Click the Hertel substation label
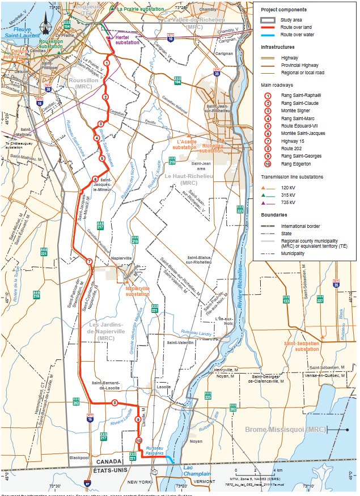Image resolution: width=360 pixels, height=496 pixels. click(x=126, y=40)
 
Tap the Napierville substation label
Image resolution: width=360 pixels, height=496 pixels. click(x=138, y=291)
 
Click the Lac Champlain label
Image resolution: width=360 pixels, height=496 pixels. click(x=196, y=470)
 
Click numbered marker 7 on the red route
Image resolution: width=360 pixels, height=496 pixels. click(x=89, y=261)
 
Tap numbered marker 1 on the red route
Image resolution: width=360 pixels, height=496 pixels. click(x=107, y=63)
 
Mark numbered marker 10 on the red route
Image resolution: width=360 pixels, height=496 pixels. click(x=139, y=440)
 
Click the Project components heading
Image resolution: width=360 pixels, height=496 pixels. click(x=284, y=10)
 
